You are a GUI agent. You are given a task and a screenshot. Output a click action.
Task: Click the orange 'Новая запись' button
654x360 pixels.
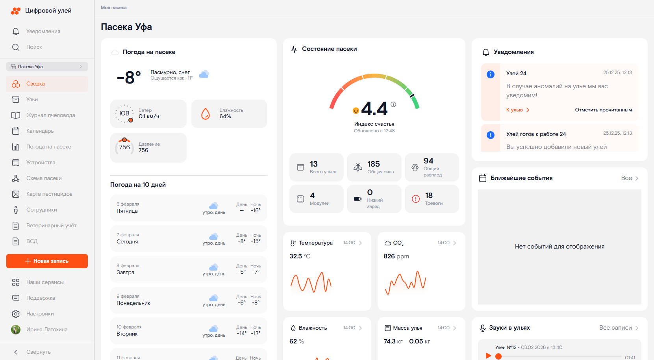47,261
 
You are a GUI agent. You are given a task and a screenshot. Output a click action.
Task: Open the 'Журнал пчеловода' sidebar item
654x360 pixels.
50,115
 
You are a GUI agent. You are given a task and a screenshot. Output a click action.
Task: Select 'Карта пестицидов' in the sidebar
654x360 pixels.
49,194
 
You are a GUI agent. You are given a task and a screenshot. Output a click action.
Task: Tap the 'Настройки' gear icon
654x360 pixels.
16,314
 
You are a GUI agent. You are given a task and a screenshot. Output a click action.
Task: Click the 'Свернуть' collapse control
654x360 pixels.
38,352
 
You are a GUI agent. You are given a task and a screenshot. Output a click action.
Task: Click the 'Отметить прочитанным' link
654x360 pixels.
603,110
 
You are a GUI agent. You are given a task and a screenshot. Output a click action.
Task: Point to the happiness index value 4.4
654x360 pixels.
374,109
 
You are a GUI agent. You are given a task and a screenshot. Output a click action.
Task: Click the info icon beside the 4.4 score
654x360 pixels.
393,104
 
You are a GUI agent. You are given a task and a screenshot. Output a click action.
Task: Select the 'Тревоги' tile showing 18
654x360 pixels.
432,199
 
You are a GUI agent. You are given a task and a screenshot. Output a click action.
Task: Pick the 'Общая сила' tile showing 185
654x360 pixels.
374,167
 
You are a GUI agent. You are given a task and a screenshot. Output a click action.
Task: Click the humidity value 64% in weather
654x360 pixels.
225,117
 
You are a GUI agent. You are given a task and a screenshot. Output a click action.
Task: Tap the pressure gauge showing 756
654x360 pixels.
124,147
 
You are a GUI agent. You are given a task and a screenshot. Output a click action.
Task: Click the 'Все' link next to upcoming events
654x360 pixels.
629,178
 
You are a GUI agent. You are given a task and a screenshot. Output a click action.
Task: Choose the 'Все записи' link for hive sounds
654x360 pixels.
618,328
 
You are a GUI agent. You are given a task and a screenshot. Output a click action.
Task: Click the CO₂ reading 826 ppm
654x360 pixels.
396,256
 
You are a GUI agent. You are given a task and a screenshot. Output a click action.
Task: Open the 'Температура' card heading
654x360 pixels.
315,243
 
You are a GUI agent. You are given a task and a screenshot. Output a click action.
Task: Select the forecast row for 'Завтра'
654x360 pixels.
189,269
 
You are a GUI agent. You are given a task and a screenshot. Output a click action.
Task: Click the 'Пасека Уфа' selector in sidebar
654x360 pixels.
47,67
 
